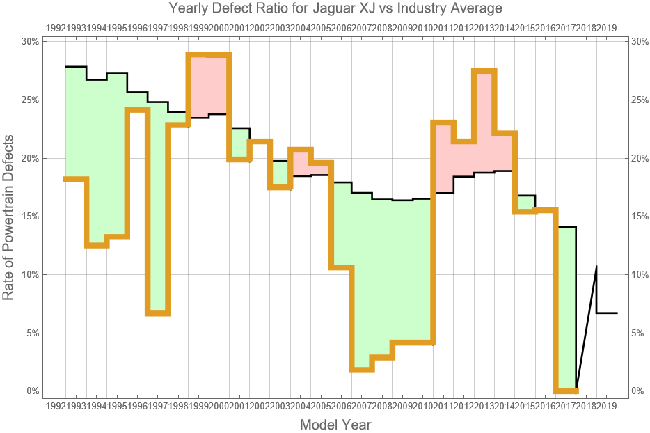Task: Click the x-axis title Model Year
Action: click(335, 424)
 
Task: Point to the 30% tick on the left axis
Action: click(29, 42)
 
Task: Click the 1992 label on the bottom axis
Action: click(55, 405)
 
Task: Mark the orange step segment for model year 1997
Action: click(158, 314)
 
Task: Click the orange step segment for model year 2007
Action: click(362, 370)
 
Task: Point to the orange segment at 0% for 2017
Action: click(566, 391)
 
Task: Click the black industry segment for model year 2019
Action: click(607, 313)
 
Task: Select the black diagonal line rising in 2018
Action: click(587, 327)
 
